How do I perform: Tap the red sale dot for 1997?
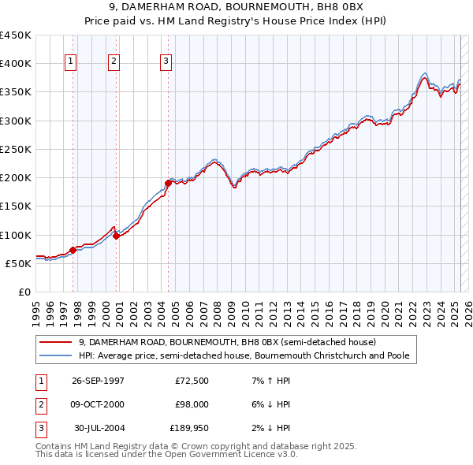point(73,250)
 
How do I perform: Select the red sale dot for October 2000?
point(116,235)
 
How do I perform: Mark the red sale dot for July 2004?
point(168,183)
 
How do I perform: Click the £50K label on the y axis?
point(18,263)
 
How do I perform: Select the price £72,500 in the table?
point(192,381)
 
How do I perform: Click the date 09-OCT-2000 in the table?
point(98,404)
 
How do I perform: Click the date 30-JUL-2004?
point(99,428)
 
